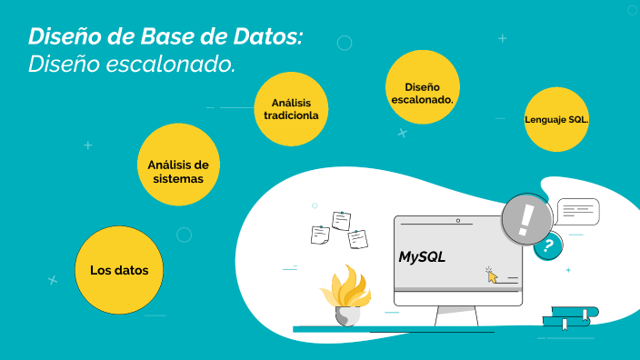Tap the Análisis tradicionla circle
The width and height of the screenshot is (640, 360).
tap(291, 109)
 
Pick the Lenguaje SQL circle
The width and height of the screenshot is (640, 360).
tap(556, 120)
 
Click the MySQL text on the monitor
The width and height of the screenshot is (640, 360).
tap(423, 257)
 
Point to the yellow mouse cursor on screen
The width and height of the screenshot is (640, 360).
tap(492, 275)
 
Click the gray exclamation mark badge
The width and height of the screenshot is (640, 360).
tap(526, 219)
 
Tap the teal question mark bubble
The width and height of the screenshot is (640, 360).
tap(547, 245)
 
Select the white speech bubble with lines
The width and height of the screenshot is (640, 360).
tap(578, 211)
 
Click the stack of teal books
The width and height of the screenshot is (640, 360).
tap(570, 317)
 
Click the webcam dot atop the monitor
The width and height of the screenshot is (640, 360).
tap(458, 220)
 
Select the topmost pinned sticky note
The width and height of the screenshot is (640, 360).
tap(341, 220)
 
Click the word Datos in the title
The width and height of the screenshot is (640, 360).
tap(269, 37)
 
